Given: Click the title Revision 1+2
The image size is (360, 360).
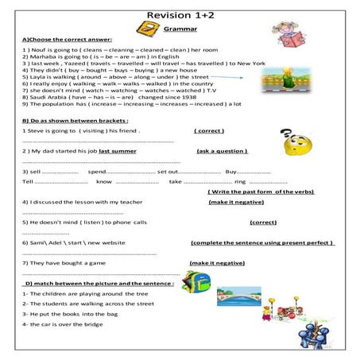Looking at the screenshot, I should pyautogui.click(x=179, y=10).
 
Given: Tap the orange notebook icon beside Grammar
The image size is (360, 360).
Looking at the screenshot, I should pyautogui.click(x=146, y=30).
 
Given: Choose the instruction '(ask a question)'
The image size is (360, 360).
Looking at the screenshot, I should pyautogui.click(x=222, y=150).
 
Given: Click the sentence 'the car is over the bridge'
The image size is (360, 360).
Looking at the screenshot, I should pyautogui.click(x=63, y=324).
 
